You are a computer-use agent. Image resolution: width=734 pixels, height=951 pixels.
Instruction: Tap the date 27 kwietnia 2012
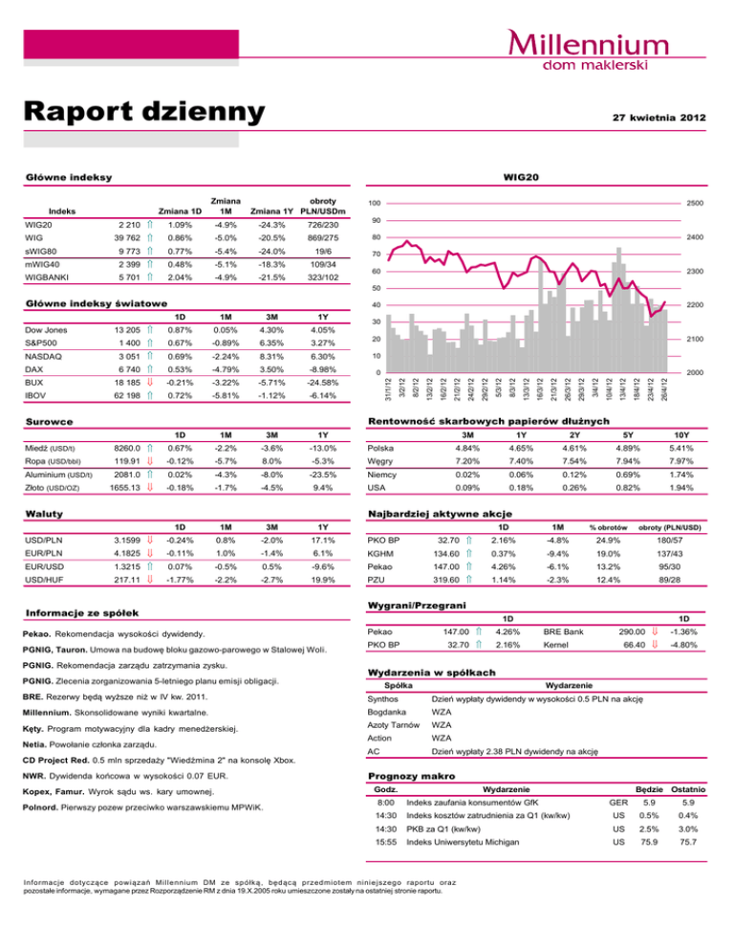[652, 117]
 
